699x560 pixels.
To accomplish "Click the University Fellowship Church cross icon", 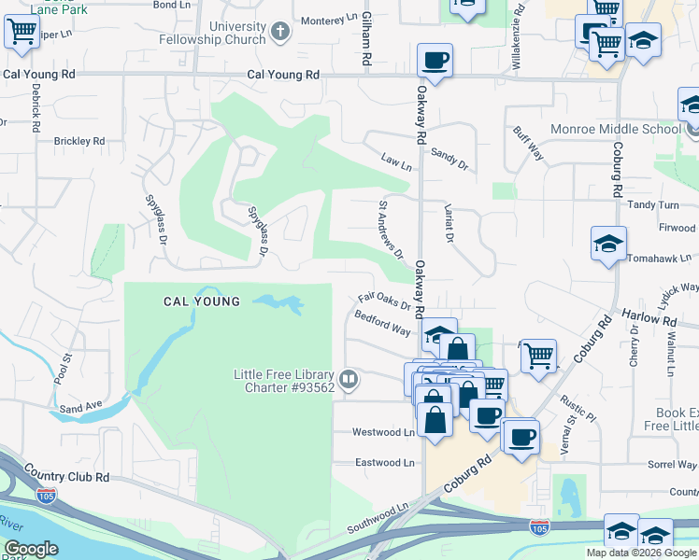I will click(x=278, y=34).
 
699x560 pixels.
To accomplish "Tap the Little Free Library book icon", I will click(x=348, y=379).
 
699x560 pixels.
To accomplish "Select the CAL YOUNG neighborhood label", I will click(x=202, y=301).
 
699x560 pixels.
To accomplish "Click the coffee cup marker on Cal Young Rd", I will click(x=435, y=62).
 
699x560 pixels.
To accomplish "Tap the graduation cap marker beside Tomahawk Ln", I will click(x=608, y=245).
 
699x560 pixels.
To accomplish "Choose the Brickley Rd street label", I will click(x=79, y=140).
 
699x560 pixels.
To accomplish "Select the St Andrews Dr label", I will click(x=390, y=228).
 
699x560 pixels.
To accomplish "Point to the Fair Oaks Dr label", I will click(x=384, y=302).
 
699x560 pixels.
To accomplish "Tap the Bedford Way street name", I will click(x=382, y=329).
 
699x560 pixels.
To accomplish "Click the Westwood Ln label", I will click(x=383, y=432).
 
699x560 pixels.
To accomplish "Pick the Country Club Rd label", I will click(x=67, y=476).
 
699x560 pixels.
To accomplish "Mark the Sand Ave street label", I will click(x=79, y=409).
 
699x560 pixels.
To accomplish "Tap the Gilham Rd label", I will click(x=367, y=39).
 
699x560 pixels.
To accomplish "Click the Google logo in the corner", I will click(x=31, y=549).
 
